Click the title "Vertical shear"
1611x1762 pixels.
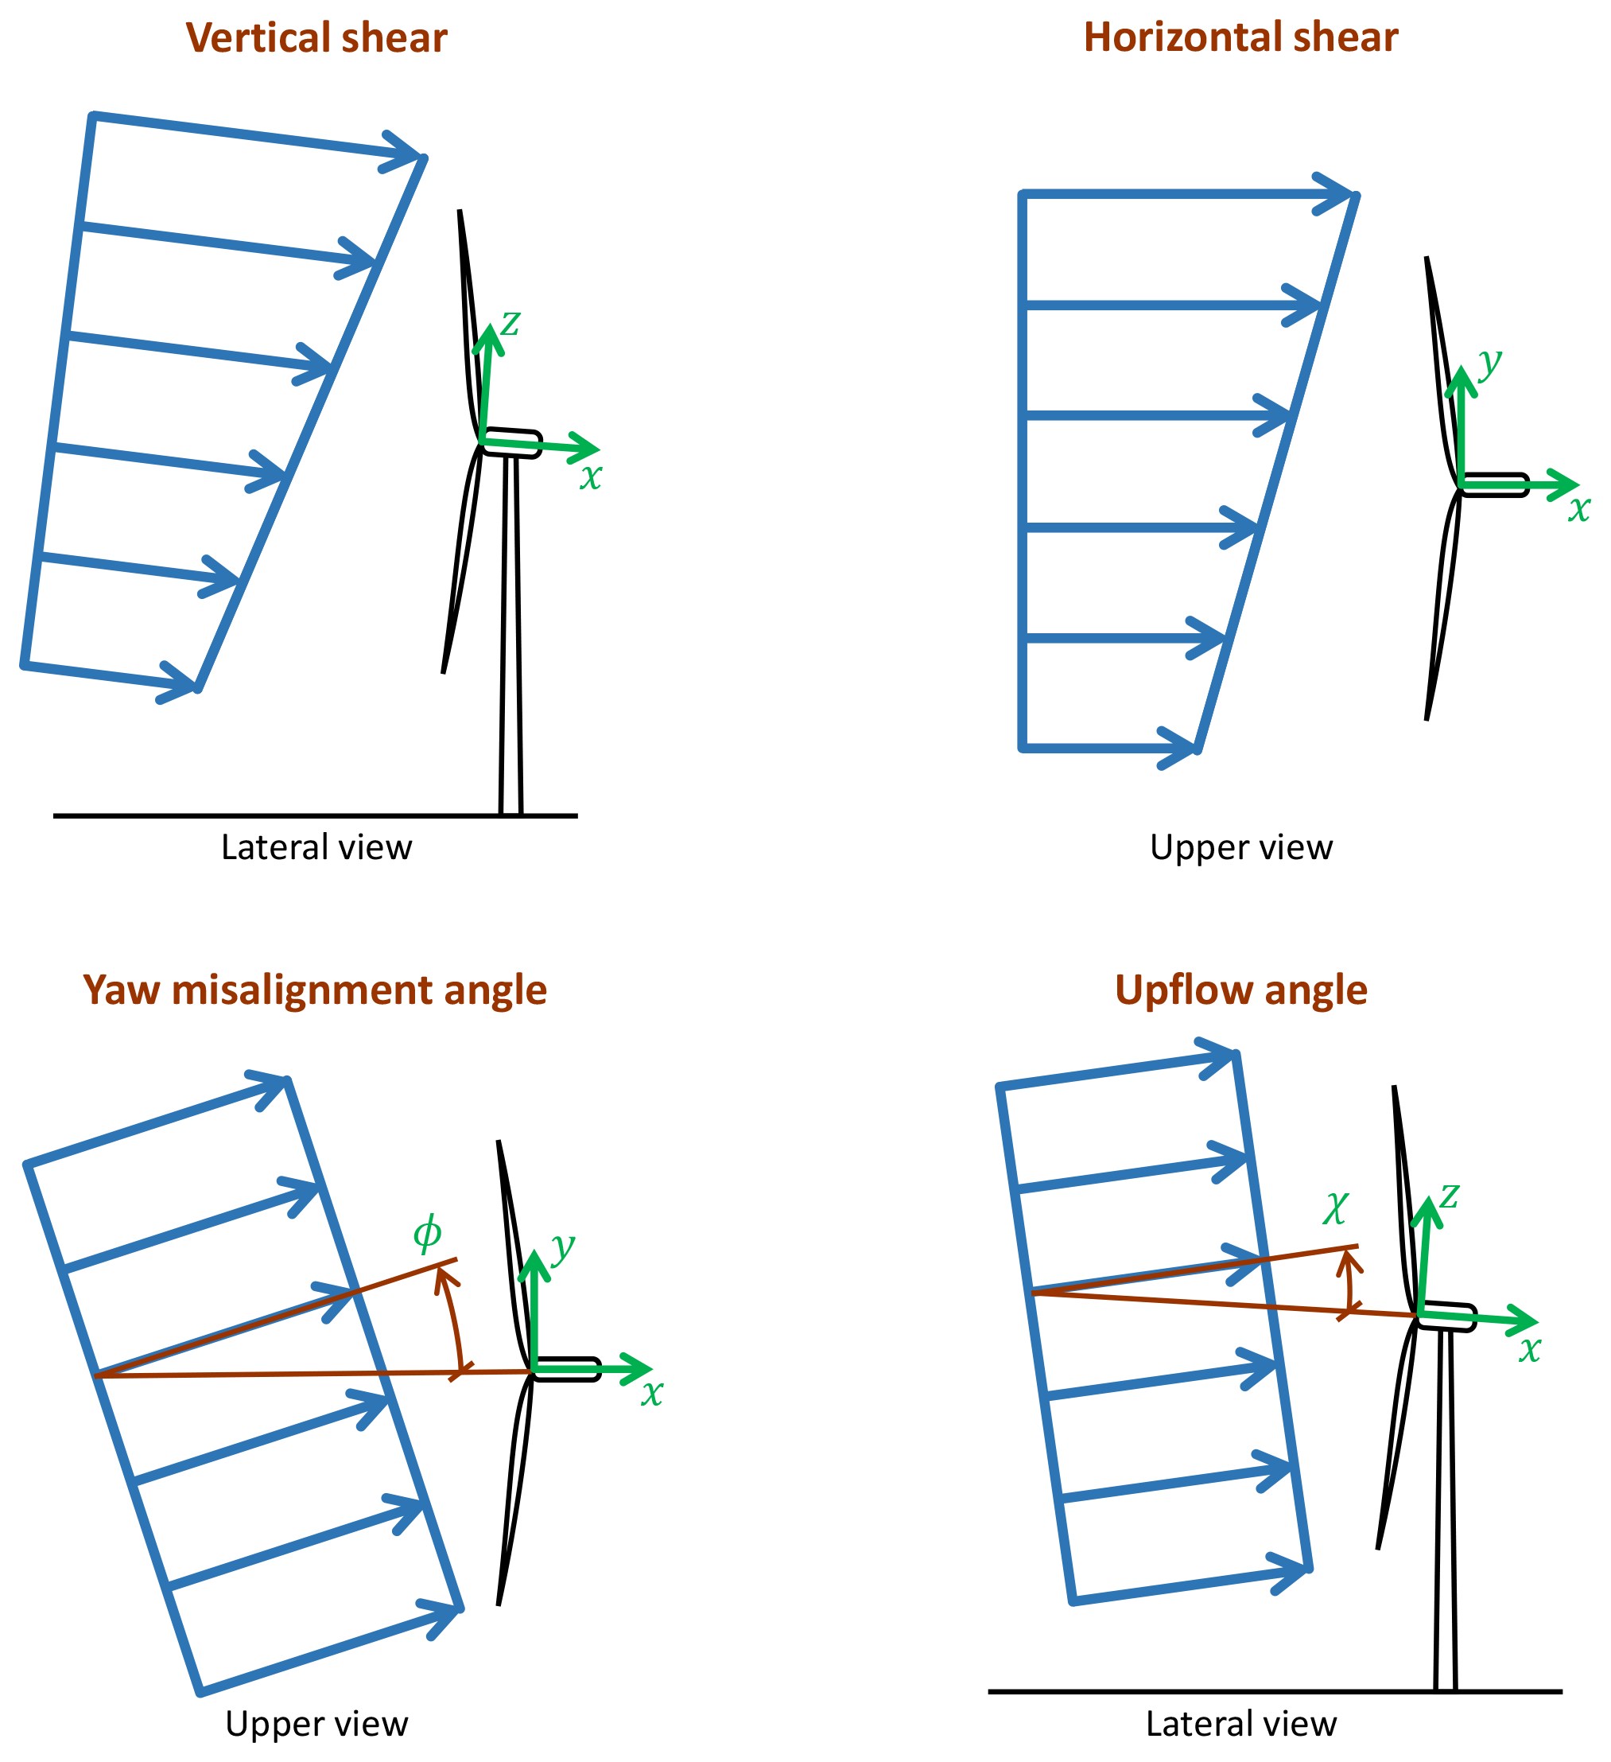[316, 38]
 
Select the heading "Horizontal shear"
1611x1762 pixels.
[1240, 37]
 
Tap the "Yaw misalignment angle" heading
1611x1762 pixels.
[315, 990]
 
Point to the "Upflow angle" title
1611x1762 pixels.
[1240, 990]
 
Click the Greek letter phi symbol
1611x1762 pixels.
[427, 1233]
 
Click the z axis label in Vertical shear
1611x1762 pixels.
[510, 324]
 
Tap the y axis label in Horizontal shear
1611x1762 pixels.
[1490, 361]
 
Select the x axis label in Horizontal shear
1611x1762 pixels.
[1578, 508]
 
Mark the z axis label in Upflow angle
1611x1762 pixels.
[1450, 1196]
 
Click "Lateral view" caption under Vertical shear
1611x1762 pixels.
[316, 848]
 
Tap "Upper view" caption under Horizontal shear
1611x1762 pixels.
[1240, 848]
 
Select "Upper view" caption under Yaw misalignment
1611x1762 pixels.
[316, 1724]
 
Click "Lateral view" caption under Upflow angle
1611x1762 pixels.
[1240, 1724]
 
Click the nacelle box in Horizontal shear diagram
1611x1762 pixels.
[1494, 485]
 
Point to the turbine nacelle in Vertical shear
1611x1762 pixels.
[513, 443]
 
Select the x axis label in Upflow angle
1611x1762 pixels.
[1530, 1351]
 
